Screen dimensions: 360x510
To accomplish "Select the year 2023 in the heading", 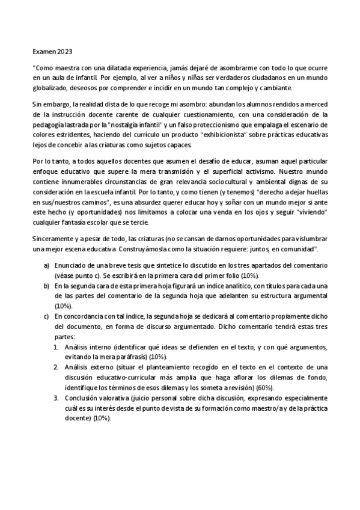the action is tap(64, 53).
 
